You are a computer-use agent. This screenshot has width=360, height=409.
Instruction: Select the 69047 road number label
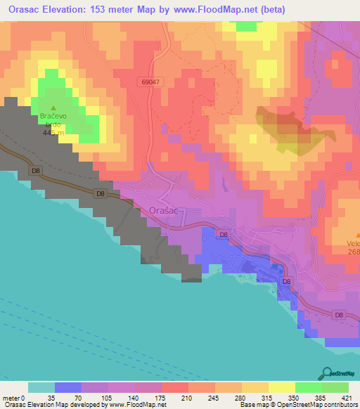[x=149, y=82]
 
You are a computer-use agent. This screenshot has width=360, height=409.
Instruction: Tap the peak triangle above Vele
[x=356, y=235]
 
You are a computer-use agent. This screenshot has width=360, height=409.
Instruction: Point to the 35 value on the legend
[x=54, y=398]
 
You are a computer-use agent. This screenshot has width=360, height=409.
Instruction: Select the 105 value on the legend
[x=108, y=398]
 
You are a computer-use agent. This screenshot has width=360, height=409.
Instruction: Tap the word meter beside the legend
[x=12, y=398]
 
